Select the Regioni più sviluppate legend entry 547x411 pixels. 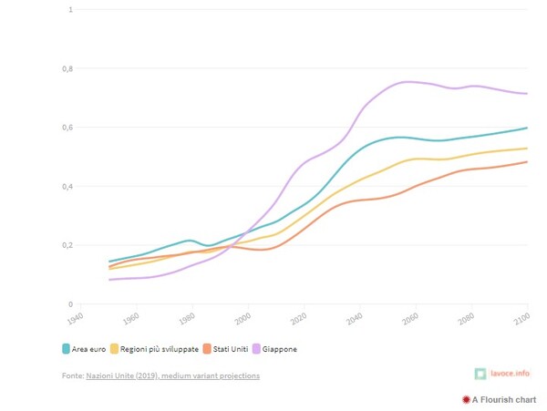click(153, 348)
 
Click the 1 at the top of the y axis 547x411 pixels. click(70, 9)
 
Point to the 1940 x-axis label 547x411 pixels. click(76, 318)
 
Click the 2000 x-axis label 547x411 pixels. click(243, 318)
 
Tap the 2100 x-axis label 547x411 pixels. click(522, 318)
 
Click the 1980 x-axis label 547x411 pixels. click(188, 318)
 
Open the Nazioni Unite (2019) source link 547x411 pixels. click(172, 375)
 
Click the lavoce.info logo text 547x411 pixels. click(510, 374)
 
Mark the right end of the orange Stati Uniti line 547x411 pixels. click(527, 162)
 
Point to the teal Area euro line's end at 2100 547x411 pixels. click(527, 128)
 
